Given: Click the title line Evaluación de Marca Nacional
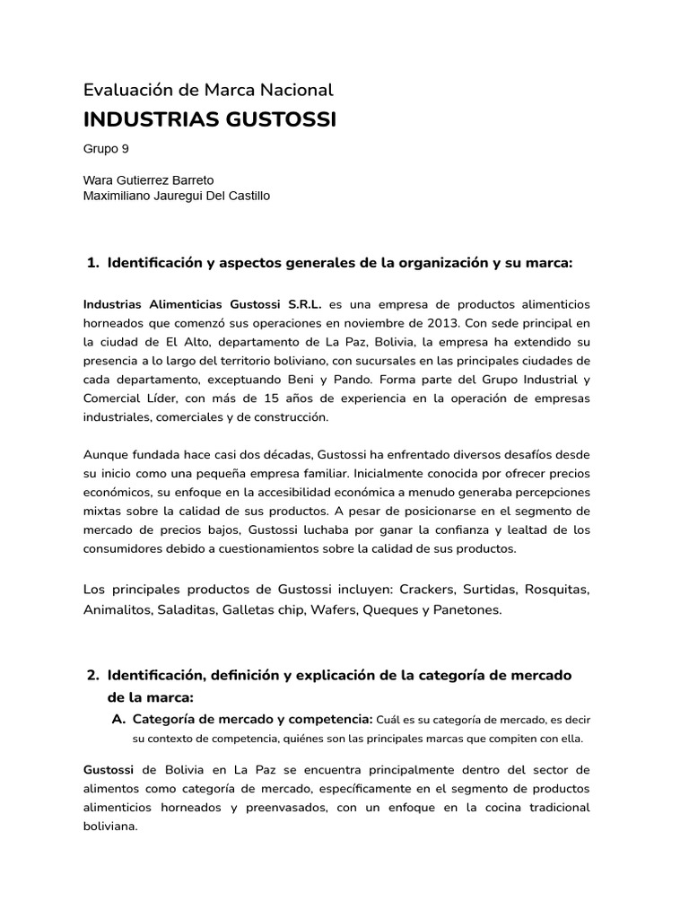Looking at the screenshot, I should pos(207,90).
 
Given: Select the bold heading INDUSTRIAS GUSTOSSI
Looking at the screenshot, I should pos(209,120).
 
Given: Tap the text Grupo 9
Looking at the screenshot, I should pos(106,149).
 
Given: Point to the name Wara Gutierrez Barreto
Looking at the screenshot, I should pos(148,180).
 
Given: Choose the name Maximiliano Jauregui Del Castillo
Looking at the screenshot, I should pos(176,196).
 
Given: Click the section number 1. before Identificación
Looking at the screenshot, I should pos(92,263).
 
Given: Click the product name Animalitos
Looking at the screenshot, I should pos(117,609).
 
